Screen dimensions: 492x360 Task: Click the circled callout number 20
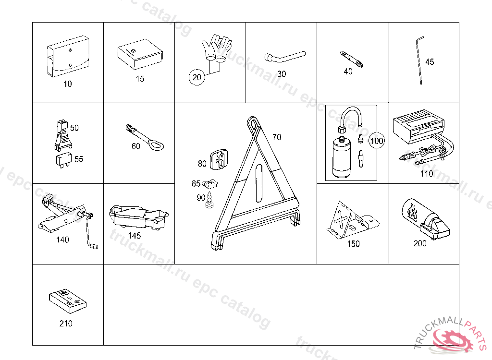pyautogui.click(x=197, y=77)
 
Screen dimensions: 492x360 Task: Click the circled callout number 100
pyautogui.click(x=377, y=141)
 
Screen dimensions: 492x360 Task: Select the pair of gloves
pyautogui.click(x=217, y=48)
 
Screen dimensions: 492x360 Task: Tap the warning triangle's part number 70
pyautogui.click(x=277, y=137)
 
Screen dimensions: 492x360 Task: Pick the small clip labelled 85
pyautogui.click(x=210, y=183)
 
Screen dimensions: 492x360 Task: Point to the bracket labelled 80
pyautogui.click(x=218, y=160)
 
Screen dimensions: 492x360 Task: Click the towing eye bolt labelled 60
pyautogui.click(x=145, y=138)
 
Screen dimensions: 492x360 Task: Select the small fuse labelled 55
pyautogui.click(x=64, y=160)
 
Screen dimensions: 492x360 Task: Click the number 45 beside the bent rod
pyautogui.click(x=430, y=62)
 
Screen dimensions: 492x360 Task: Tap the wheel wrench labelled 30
pyautogui.click(x=284, y=57)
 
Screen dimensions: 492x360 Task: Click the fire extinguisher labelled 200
pyautogui.click(x=425, y=218)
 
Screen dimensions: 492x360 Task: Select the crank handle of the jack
pyautogui.click(x=91, y=232)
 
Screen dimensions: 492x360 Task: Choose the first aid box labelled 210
pyautogui.click(x=68, y=301)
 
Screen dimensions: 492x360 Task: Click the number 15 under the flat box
pyautogui.click(x=140, y=79)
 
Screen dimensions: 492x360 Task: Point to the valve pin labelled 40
pyautogui.click(x=351, y=59)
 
